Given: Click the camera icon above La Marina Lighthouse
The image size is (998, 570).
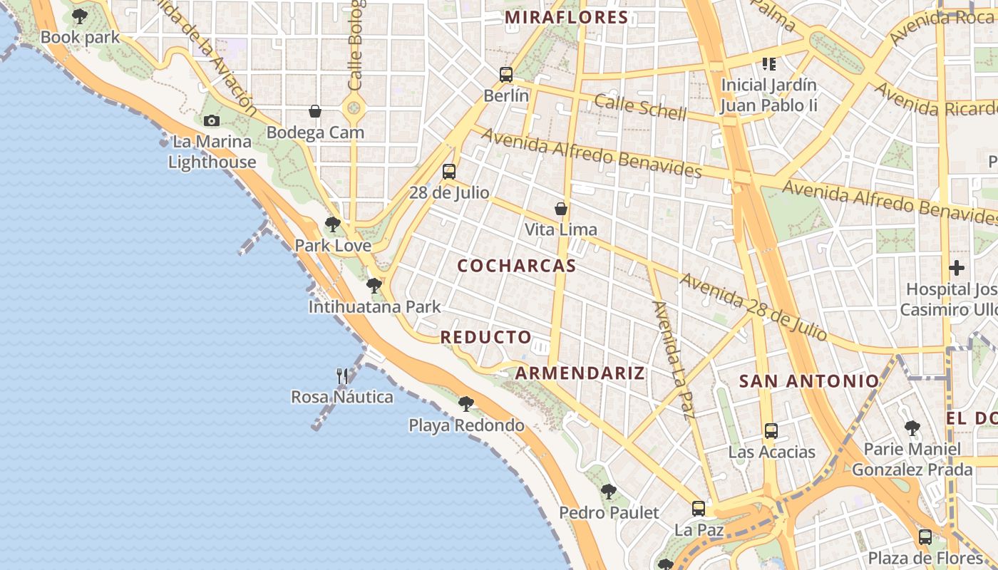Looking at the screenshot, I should click(211, 121).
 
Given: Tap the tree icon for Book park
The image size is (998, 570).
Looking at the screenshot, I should click(80, 16).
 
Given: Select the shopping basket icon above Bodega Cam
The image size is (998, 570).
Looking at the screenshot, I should click(314, 111).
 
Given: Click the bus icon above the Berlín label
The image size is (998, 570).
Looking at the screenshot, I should click(506, 75).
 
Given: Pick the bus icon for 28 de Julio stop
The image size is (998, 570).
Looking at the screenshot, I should click(448, 172).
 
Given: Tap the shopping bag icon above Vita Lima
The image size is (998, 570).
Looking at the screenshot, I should click(561, 209).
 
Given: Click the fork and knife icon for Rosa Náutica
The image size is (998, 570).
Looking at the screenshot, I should click(342, 375).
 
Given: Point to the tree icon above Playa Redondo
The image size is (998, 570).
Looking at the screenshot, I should click(466, 404).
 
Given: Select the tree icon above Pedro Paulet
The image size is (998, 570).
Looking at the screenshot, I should click(608, 491).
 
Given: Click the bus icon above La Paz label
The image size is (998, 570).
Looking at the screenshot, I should click(699, 509).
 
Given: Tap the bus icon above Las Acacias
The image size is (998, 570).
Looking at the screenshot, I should click(771, 430).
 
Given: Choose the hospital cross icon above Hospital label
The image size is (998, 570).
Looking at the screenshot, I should click(957, 269).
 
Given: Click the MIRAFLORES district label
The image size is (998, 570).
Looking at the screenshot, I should click(567, 18).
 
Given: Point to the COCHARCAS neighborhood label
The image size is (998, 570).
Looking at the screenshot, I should click(517, 266).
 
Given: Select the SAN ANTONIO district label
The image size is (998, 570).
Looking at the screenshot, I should click(809, 381).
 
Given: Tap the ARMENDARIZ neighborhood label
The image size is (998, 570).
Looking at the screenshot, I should click(580, 373).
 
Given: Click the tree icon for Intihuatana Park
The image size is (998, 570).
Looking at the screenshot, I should click(374, 286).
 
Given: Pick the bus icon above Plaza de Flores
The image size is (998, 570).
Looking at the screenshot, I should click(925, 537).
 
